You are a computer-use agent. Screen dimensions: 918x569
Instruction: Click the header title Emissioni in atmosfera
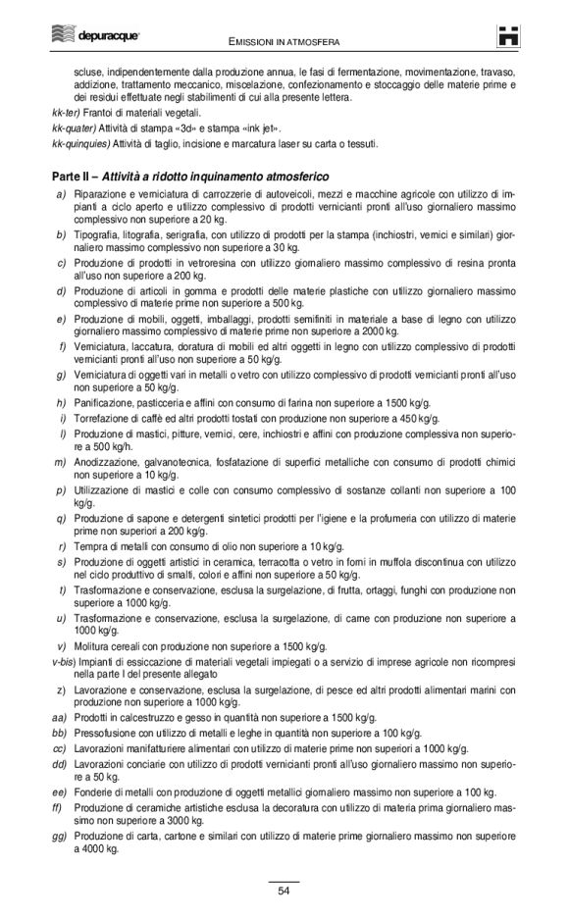point(284,43)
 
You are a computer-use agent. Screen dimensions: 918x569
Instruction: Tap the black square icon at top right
point(507,36)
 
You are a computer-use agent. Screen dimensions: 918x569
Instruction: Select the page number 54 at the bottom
point(284,891)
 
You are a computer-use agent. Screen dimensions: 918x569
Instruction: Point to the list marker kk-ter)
point(68,114)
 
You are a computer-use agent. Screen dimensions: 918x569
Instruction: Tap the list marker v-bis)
point(66,662)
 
